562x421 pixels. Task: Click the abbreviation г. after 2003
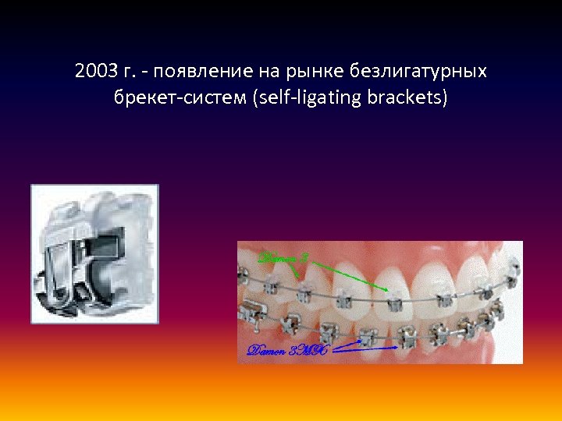[130, 72]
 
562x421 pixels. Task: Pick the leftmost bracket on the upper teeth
[248, 274]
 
